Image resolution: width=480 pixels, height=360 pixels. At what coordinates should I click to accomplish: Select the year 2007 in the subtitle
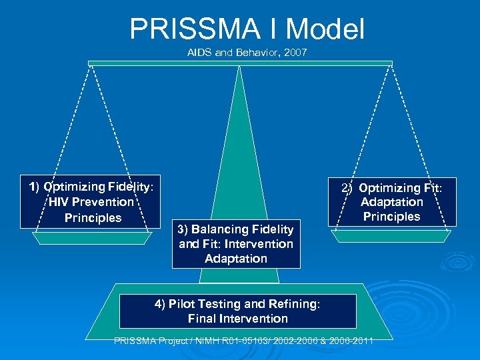(x=295, y=52)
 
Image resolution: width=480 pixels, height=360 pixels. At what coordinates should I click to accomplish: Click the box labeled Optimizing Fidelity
(x=91, y=202)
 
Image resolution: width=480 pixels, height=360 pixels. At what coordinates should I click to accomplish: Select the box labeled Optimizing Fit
(x=392, y=202)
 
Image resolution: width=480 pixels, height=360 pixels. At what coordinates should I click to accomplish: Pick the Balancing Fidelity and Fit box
(x=236, y=243)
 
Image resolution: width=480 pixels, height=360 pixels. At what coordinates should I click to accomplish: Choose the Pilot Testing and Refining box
(x=237, y=311)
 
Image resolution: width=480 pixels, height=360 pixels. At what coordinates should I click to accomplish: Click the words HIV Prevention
(x=91, y=202)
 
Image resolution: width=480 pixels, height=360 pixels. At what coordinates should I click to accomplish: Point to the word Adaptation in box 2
(x=392, y=202)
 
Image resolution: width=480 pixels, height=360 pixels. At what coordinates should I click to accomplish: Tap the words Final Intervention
(x=238, y=319)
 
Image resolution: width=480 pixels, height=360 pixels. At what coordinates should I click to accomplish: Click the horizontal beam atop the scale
(x=240, y=63)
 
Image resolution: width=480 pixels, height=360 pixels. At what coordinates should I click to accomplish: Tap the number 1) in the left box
(x=35, y=187)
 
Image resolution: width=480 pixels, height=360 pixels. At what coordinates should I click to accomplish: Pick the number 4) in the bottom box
(x=160, y=304)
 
